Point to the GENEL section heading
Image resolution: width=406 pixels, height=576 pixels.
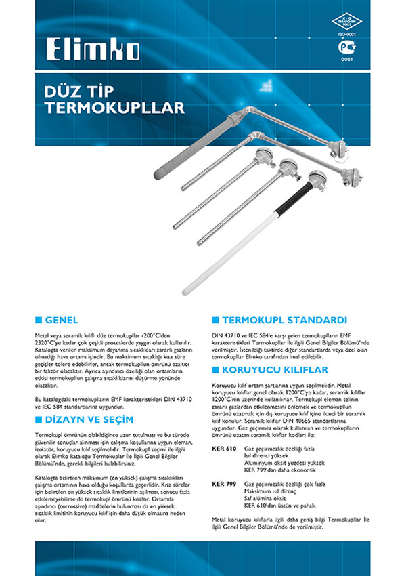(62, 319)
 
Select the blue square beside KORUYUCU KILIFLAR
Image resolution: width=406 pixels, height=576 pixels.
(215, 369)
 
